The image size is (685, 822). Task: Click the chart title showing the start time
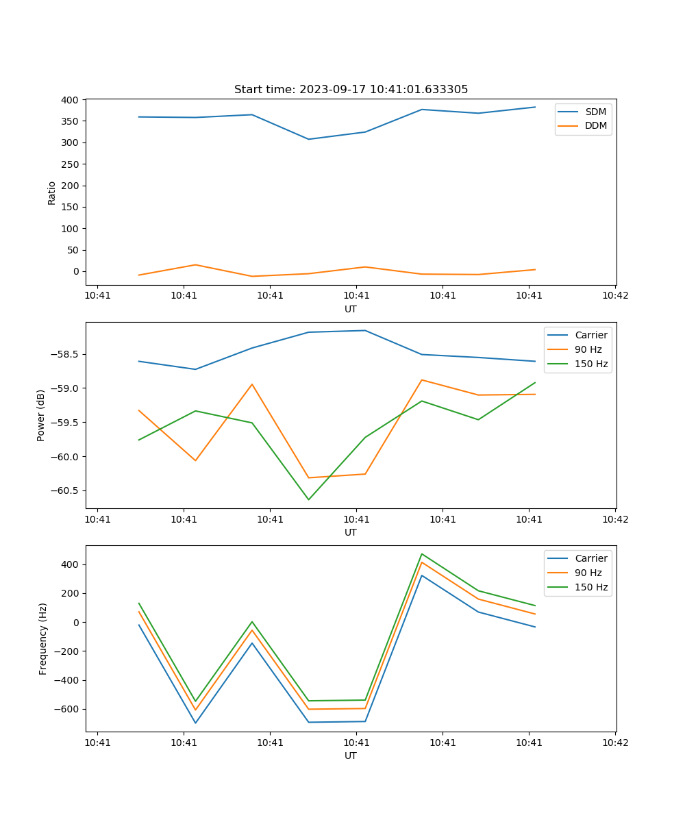351,90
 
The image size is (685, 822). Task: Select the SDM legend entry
595,112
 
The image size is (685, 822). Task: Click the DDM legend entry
595,125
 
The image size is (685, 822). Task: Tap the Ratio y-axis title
51,192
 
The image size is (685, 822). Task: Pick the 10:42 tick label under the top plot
614,296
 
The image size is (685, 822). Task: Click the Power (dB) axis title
41,415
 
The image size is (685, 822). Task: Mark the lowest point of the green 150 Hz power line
308,499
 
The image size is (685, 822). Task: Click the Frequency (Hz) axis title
42,638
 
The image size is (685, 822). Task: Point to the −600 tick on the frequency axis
66,709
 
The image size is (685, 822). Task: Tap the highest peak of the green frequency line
421,554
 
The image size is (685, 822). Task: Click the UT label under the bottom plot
351,756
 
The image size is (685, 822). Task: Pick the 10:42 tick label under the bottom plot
614,743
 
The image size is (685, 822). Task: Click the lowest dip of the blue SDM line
308,139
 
